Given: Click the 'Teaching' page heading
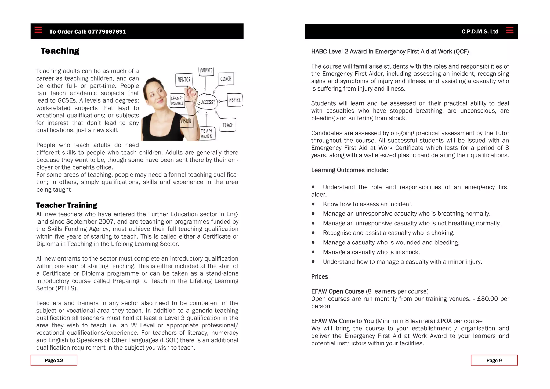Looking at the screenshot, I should point(60,51).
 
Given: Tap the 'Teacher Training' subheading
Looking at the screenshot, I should point(67,205).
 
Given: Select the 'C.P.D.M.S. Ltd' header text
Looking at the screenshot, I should point(480,32).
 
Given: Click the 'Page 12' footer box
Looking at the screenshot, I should point(54,360).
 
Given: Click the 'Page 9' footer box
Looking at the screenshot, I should point(494,360).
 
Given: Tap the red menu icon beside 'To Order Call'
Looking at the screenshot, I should point(38,30).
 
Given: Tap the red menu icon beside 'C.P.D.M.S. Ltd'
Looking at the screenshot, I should point(509,30).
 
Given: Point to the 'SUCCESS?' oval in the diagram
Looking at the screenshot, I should point(206,102).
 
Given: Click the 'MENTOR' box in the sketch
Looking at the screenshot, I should point(184,80).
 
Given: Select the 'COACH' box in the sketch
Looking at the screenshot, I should point(226,79).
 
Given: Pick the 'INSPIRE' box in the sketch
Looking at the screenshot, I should point(235,100).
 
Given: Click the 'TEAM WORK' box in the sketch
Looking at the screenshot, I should point(206,134).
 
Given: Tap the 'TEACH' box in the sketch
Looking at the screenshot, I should point(228,125).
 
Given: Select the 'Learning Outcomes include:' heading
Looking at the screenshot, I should point(349,170).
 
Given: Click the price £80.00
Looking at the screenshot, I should point(487,299).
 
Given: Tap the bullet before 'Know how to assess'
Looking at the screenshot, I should point(313,204).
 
